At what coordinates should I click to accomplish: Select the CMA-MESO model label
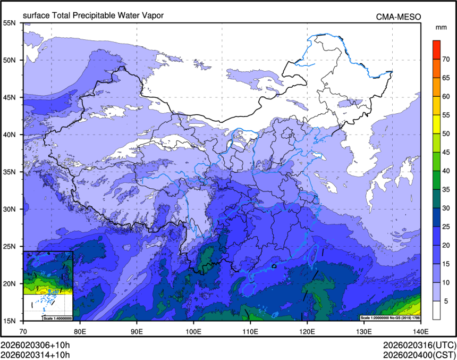pos(398,16)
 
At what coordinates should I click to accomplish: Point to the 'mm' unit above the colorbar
pos(441,27)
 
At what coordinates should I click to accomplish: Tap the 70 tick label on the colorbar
pos(447,59)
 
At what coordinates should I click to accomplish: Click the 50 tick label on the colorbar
pos(447,133)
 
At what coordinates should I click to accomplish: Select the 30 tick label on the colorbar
pos(447,208)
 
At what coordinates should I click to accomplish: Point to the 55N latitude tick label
pos(10,23)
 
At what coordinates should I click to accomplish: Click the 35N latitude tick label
pos(10,172)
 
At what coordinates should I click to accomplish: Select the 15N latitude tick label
pos(10,321)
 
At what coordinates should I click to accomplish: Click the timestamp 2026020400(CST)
pos(418,354)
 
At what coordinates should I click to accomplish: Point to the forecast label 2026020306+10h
pos(35,345)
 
